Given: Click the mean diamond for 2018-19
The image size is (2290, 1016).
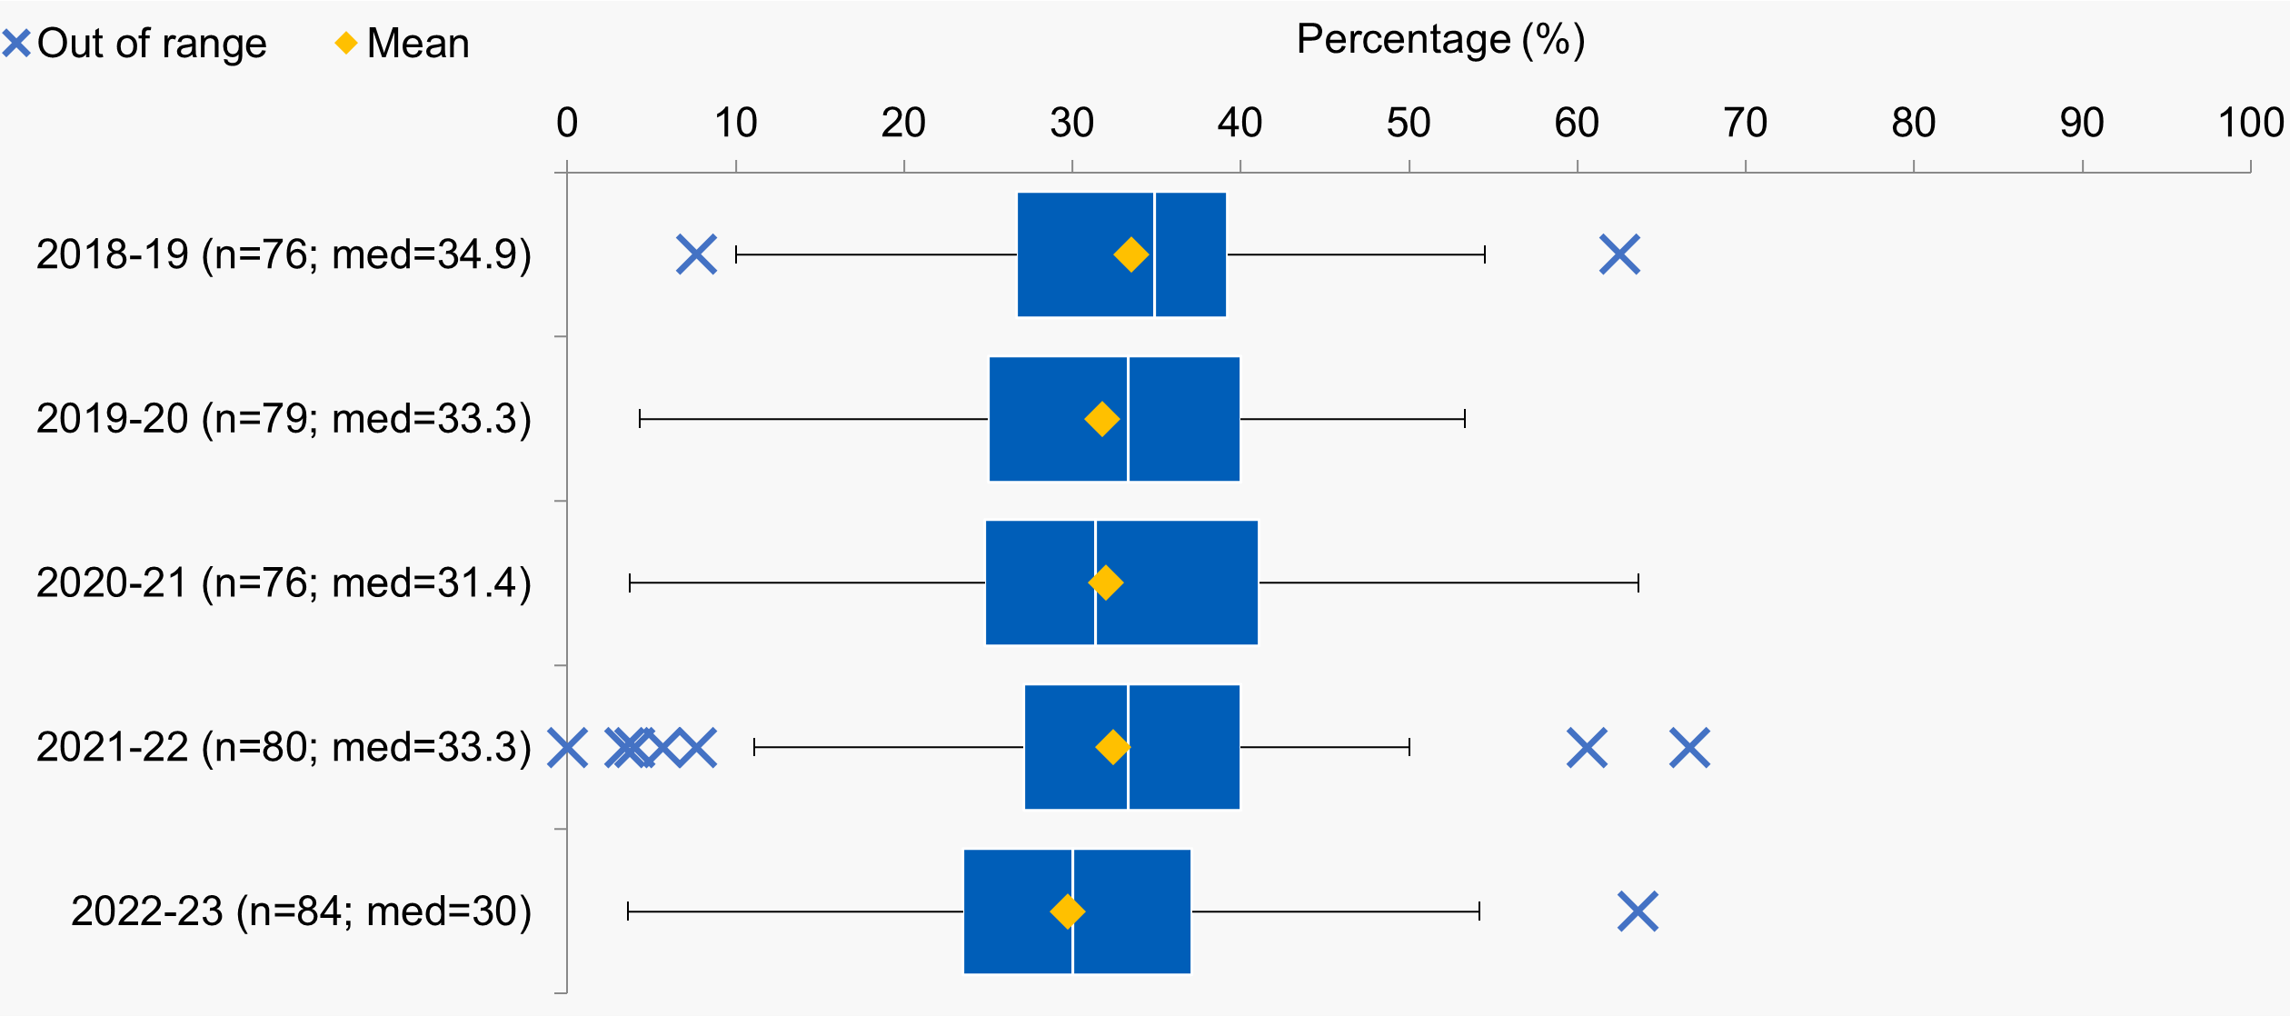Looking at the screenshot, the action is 1130,254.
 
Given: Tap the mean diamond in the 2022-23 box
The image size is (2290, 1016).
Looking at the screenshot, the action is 1067,911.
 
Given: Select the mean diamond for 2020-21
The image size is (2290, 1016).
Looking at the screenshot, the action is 1105,583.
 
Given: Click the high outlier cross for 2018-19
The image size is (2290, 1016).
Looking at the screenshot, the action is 1619,254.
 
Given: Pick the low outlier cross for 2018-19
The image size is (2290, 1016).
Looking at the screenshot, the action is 696,254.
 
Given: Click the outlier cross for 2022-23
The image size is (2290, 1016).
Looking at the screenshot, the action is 1638,911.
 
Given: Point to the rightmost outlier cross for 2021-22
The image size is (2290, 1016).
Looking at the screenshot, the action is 1689,747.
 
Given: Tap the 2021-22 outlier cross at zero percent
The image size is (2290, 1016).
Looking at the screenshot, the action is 567,747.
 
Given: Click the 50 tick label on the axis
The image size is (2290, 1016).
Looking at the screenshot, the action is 1409,123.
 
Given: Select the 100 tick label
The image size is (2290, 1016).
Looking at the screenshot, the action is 2251,123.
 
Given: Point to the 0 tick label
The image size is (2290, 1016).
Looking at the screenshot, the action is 567,123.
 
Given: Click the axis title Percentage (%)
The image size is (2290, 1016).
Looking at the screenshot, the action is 1440,40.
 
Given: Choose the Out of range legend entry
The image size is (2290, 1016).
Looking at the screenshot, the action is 134,44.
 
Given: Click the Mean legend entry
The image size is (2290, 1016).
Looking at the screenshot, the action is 402,44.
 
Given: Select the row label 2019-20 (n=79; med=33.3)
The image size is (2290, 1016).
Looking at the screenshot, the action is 284,419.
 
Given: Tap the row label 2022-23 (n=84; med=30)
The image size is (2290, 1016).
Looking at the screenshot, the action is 301,911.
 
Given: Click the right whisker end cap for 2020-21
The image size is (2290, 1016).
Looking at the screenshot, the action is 1638,583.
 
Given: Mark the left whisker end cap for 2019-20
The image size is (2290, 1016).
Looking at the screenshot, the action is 640,419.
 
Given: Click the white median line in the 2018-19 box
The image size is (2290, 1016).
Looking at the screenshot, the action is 1154,254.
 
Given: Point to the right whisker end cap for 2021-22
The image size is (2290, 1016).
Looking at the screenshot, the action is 1409,747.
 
